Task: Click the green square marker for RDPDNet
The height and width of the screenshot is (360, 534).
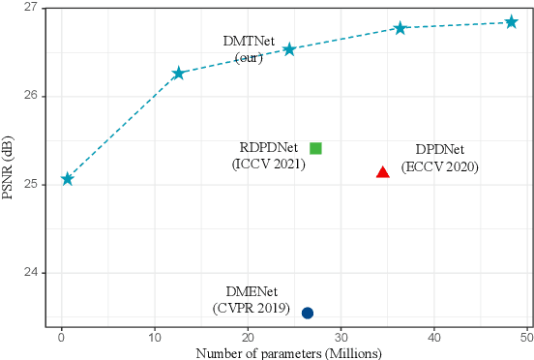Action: tap(315, 148)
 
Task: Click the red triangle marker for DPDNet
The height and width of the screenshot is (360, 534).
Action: tap(383, 172)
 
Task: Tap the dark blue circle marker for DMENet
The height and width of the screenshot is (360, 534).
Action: tap(308, 313)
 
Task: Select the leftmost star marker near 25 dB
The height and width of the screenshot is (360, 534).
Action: tap(67, 179)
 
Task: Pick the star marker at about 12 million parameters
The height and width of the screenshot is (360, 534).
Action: tap(178, 74)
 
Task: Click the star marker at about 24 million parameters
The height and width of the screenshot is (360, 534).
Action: tap(289, 49)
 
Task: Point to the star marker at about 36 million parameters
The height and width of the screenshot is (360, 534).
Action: tap(400, 28)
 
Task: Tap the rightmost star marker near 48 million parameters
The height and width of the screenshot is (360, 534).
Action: tap(512, 21)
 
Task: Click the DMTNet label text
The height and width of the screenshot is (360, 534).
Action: tap(250, 44)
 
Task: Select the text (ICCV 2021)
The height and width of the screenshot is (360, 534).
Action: tap(268, 165)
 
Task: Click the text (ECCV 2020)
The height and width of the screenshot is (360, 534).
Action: tap(440, 167)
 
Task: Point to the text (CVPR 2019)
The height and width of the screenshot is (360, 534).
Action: tap(251, 308)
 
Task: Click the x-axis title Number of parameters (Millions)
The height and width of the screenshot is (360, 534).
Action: tap(287, 352)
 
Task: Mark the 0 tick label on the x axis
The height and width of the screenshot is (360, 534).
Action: tap(62, 337)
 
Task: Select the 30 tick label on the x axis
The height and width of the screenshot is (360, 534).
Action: tap(341, 337)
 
